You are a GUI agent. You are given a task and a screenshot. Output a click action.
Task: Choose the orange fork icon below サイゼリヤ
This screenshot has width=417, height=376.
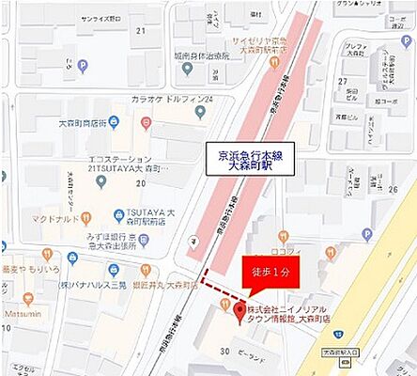click(x=273, y=64)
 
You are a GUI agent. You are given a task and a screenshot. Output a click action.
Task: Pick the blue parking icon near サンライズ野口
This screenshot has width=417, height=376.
click(x=82, y=67)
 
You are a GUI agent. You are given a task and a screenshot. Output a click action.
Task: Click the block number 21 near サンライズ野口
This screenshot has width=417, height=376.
click(x=141, y=32)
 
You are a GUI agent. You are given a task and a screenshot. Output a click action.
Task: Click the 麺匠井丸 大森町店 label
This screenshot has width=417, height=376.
click(x=167, y=283)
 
